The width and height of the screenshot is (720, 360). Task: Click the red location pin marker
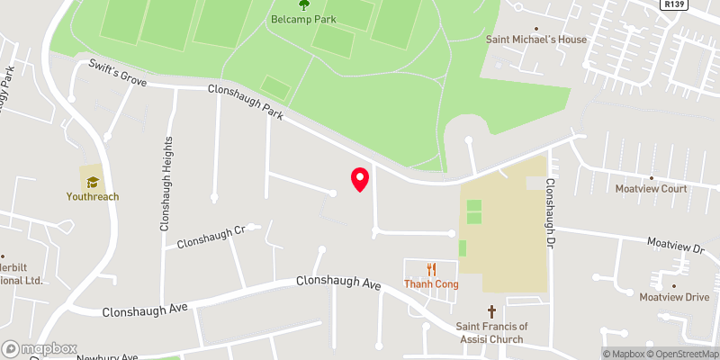pyautogui.click(x=360, y=179)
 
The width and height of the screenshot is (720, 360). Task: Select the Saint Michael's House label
pyautogui.click(x=536, y=40)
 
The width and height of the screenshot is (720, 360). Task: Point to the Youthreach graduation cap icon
pyautogui.click(x=92, y=180)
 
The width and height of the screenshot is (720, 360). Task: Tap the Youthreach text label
pyautogui.click(x=92, y=196)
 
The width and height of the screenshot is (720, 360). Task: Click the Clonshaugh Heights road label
pyautogui.click(x=166, y=184)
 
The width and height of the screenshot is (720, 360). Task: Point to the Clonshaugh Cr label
pyautogui.click(x=211, y=237)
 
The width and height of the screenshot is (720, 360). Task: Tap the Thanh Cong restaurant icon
pyautogui.click(x=431, y=268)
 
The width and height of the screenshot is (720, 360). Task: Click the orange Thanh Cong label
pyautogui.click(x=431, y=285)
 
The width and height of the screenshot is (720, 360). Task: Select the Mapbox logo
pyautogui.click(x=38, y=348)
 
